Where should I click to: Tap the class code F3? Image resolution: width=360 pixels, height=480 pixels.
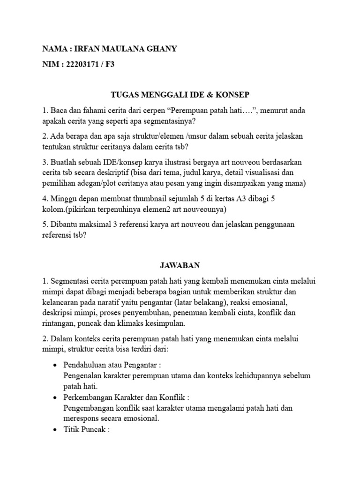(x=110, y=65)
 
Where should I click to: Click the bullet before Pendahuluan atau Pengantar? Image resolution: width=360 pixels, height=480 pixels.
(x=56, y=365)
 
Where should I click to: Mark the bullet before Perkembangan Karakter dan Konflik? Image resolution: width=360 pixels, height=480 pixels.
(x=56, y=397)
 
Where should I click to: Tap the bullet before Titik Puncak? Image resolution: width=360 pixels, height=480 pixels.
(x=56, y=429)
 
